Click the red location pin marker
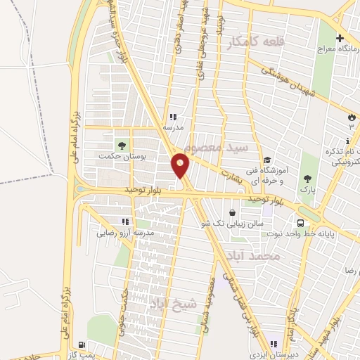[x=181, y=165]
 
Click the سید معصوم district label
[x=223, y=148]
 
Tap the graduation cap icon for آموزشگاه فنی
[x=266, y=161]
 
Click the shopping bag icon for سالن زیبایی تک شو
[x=233, y=212]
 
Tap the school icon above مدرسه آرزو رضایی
[x=125, y=221]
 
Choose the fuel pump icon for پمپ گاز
[x=85, y=345]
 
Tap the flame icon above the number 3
[x=351, y=116]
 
